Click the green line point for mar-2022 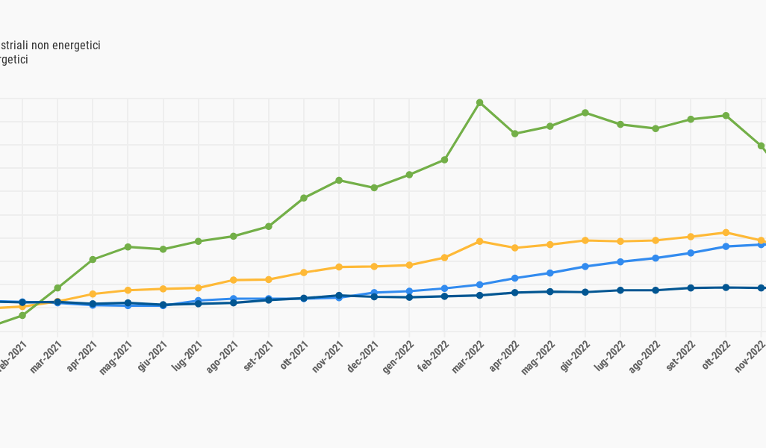[479, 102]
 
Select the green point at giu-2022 [585, 113]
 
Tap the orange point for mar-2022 [479, 241]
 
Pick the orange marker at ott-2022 [726, 232]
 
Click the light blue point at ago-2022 [656, 258]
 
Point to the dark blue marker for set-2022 [691, 288]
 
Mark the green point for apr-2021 [93, 260]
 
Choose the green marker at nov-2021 [339, 180]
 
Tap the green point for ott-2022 [726, 116]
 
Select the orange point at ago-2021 [234, 280]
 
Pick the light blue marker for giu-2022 [585, 267]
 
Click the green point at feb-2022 [444, 160]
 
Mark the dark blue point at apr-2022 [515, 293]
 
